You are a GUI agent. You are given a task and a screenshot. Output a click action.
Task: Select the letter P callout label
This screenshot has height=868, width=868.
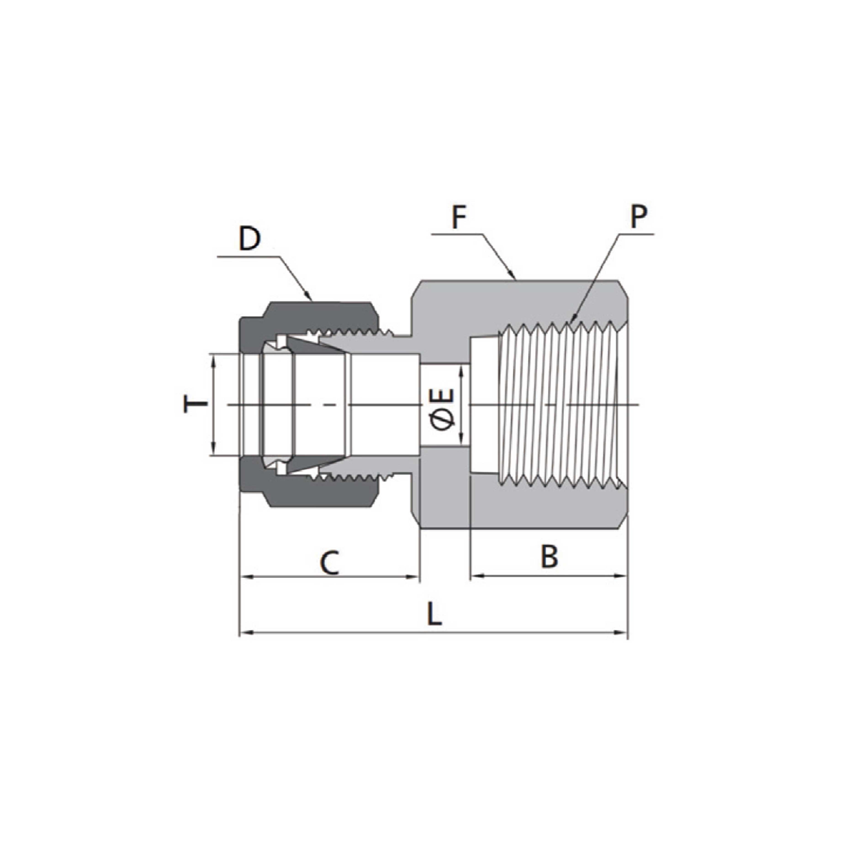tap(638, 217)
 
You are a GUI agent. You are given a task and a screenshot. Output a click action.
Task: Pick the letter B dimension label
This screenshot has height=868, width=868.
tap(549, 556)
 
